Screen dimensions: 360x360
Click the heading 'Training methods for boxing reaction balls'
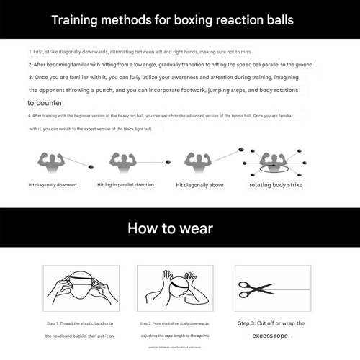180,18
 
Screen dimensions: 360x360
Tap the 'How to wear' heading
179,228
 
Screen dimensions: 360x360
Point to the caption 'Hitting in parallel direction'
125,185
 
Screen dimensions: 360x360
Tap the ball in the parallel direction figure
166,161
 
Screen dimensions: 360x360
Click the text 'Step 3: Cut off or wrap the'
271,323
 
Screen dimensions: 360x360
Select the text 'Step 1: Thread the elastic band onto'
81,324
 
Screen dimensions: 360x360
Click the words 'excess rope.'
271,336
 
